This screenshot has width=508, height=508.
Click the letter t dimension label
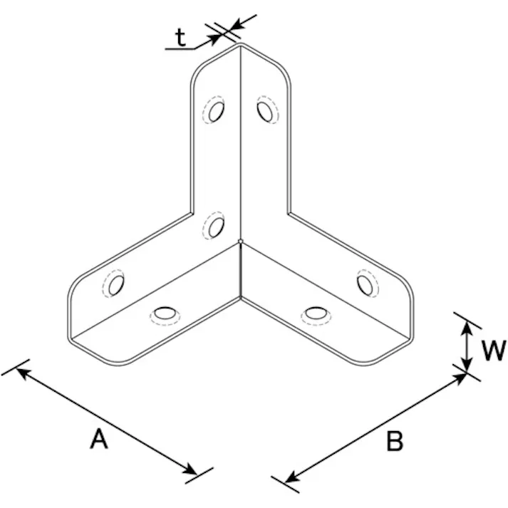[x=181, y=38]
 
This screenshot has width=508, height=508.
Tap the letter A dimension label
[x=99, y=438]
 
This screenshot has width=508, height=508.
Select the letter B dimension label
[x=395, y=441]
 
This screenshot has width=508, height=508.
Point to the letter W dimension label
[x=494, y=351]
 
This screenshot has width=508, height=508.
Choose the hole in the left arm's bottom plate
[x=165, y=313]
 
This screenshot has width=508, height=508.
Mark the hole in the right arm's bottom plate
[x=316, y=313]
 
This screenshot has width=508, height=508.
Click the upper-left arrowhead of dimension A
[x=22, y=372]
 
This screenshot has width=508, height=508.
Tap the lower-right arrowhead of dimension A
[x=190, y=470]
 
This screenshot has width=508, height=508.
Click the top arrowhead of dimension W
[x=466, y=328]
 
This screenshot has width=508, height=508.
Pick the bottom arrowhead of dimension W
[x=466, y=364]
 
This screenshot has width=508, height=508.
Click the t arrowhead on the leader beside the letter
[x=214, y=38]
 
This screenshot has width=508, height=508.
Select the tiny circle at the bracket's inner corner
[x=240, y=241]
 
